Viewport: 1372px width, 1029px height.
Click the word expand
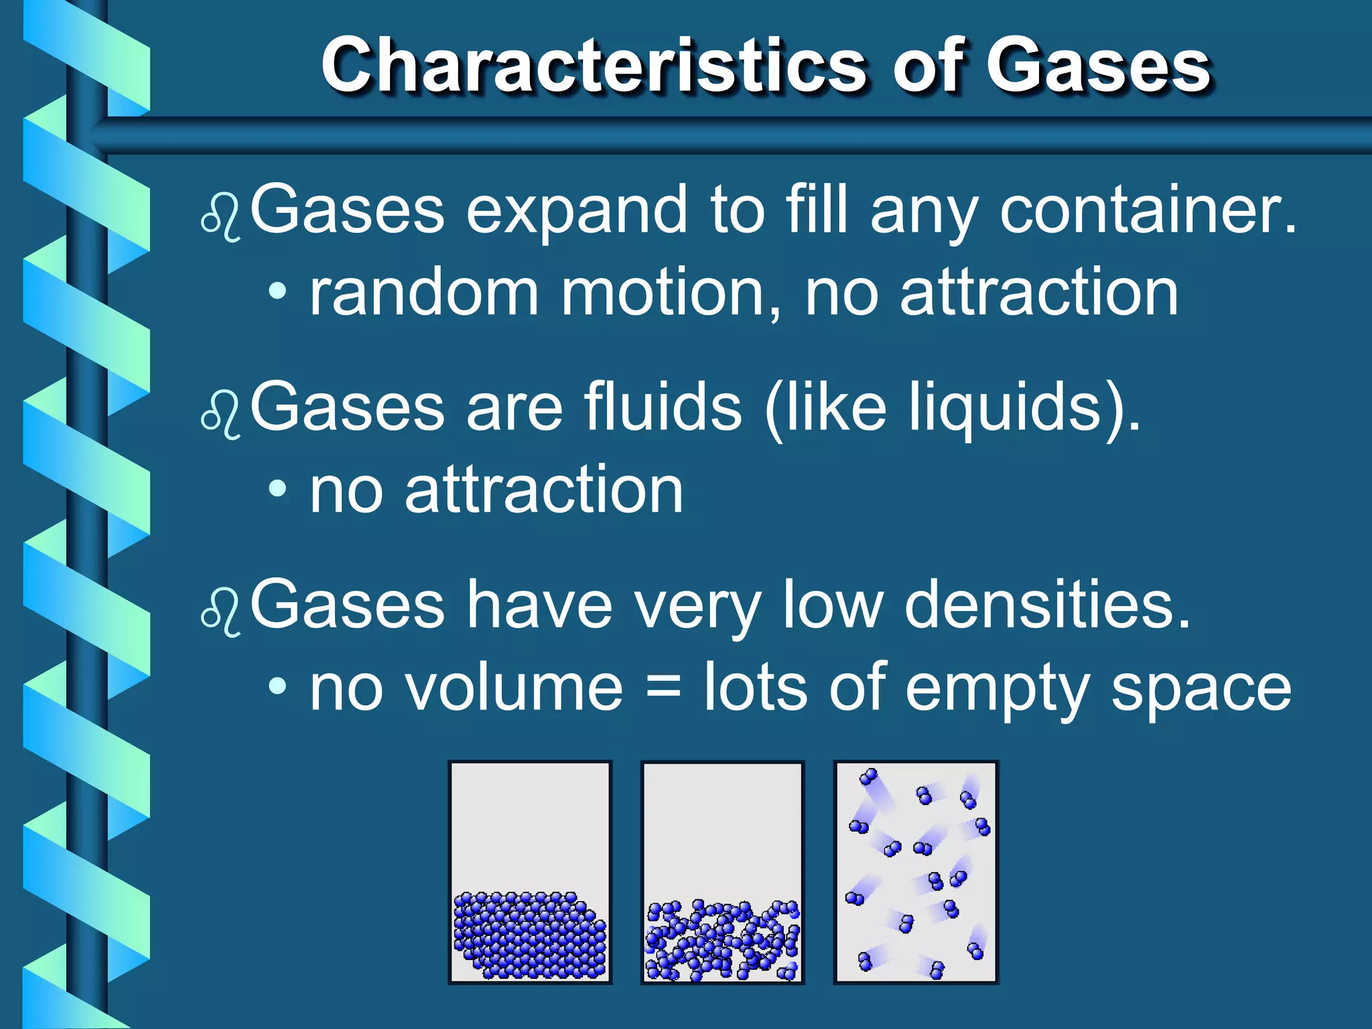point(576,211)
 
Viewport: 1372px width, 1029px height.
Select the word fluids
point(663,407)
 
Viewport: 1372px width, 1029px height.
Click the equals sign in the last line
point(663,688)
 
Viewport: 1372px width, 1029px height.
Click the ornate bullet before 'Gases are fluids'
point(220,415)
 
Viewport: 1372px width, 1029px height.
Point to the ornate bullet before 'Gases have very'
point(220,612)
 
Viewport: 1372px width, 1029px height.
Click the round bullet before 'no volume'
point(277,686)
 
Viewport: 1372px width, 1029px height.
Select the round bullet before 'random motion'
point(277,291)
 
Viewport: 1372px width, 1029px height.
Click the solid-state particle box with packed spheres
point(530,872)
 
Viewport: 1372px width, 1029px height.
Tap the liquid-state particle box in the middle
point(722,872)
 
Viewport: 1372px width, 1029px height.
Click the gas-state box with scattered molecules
point(915,872)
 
